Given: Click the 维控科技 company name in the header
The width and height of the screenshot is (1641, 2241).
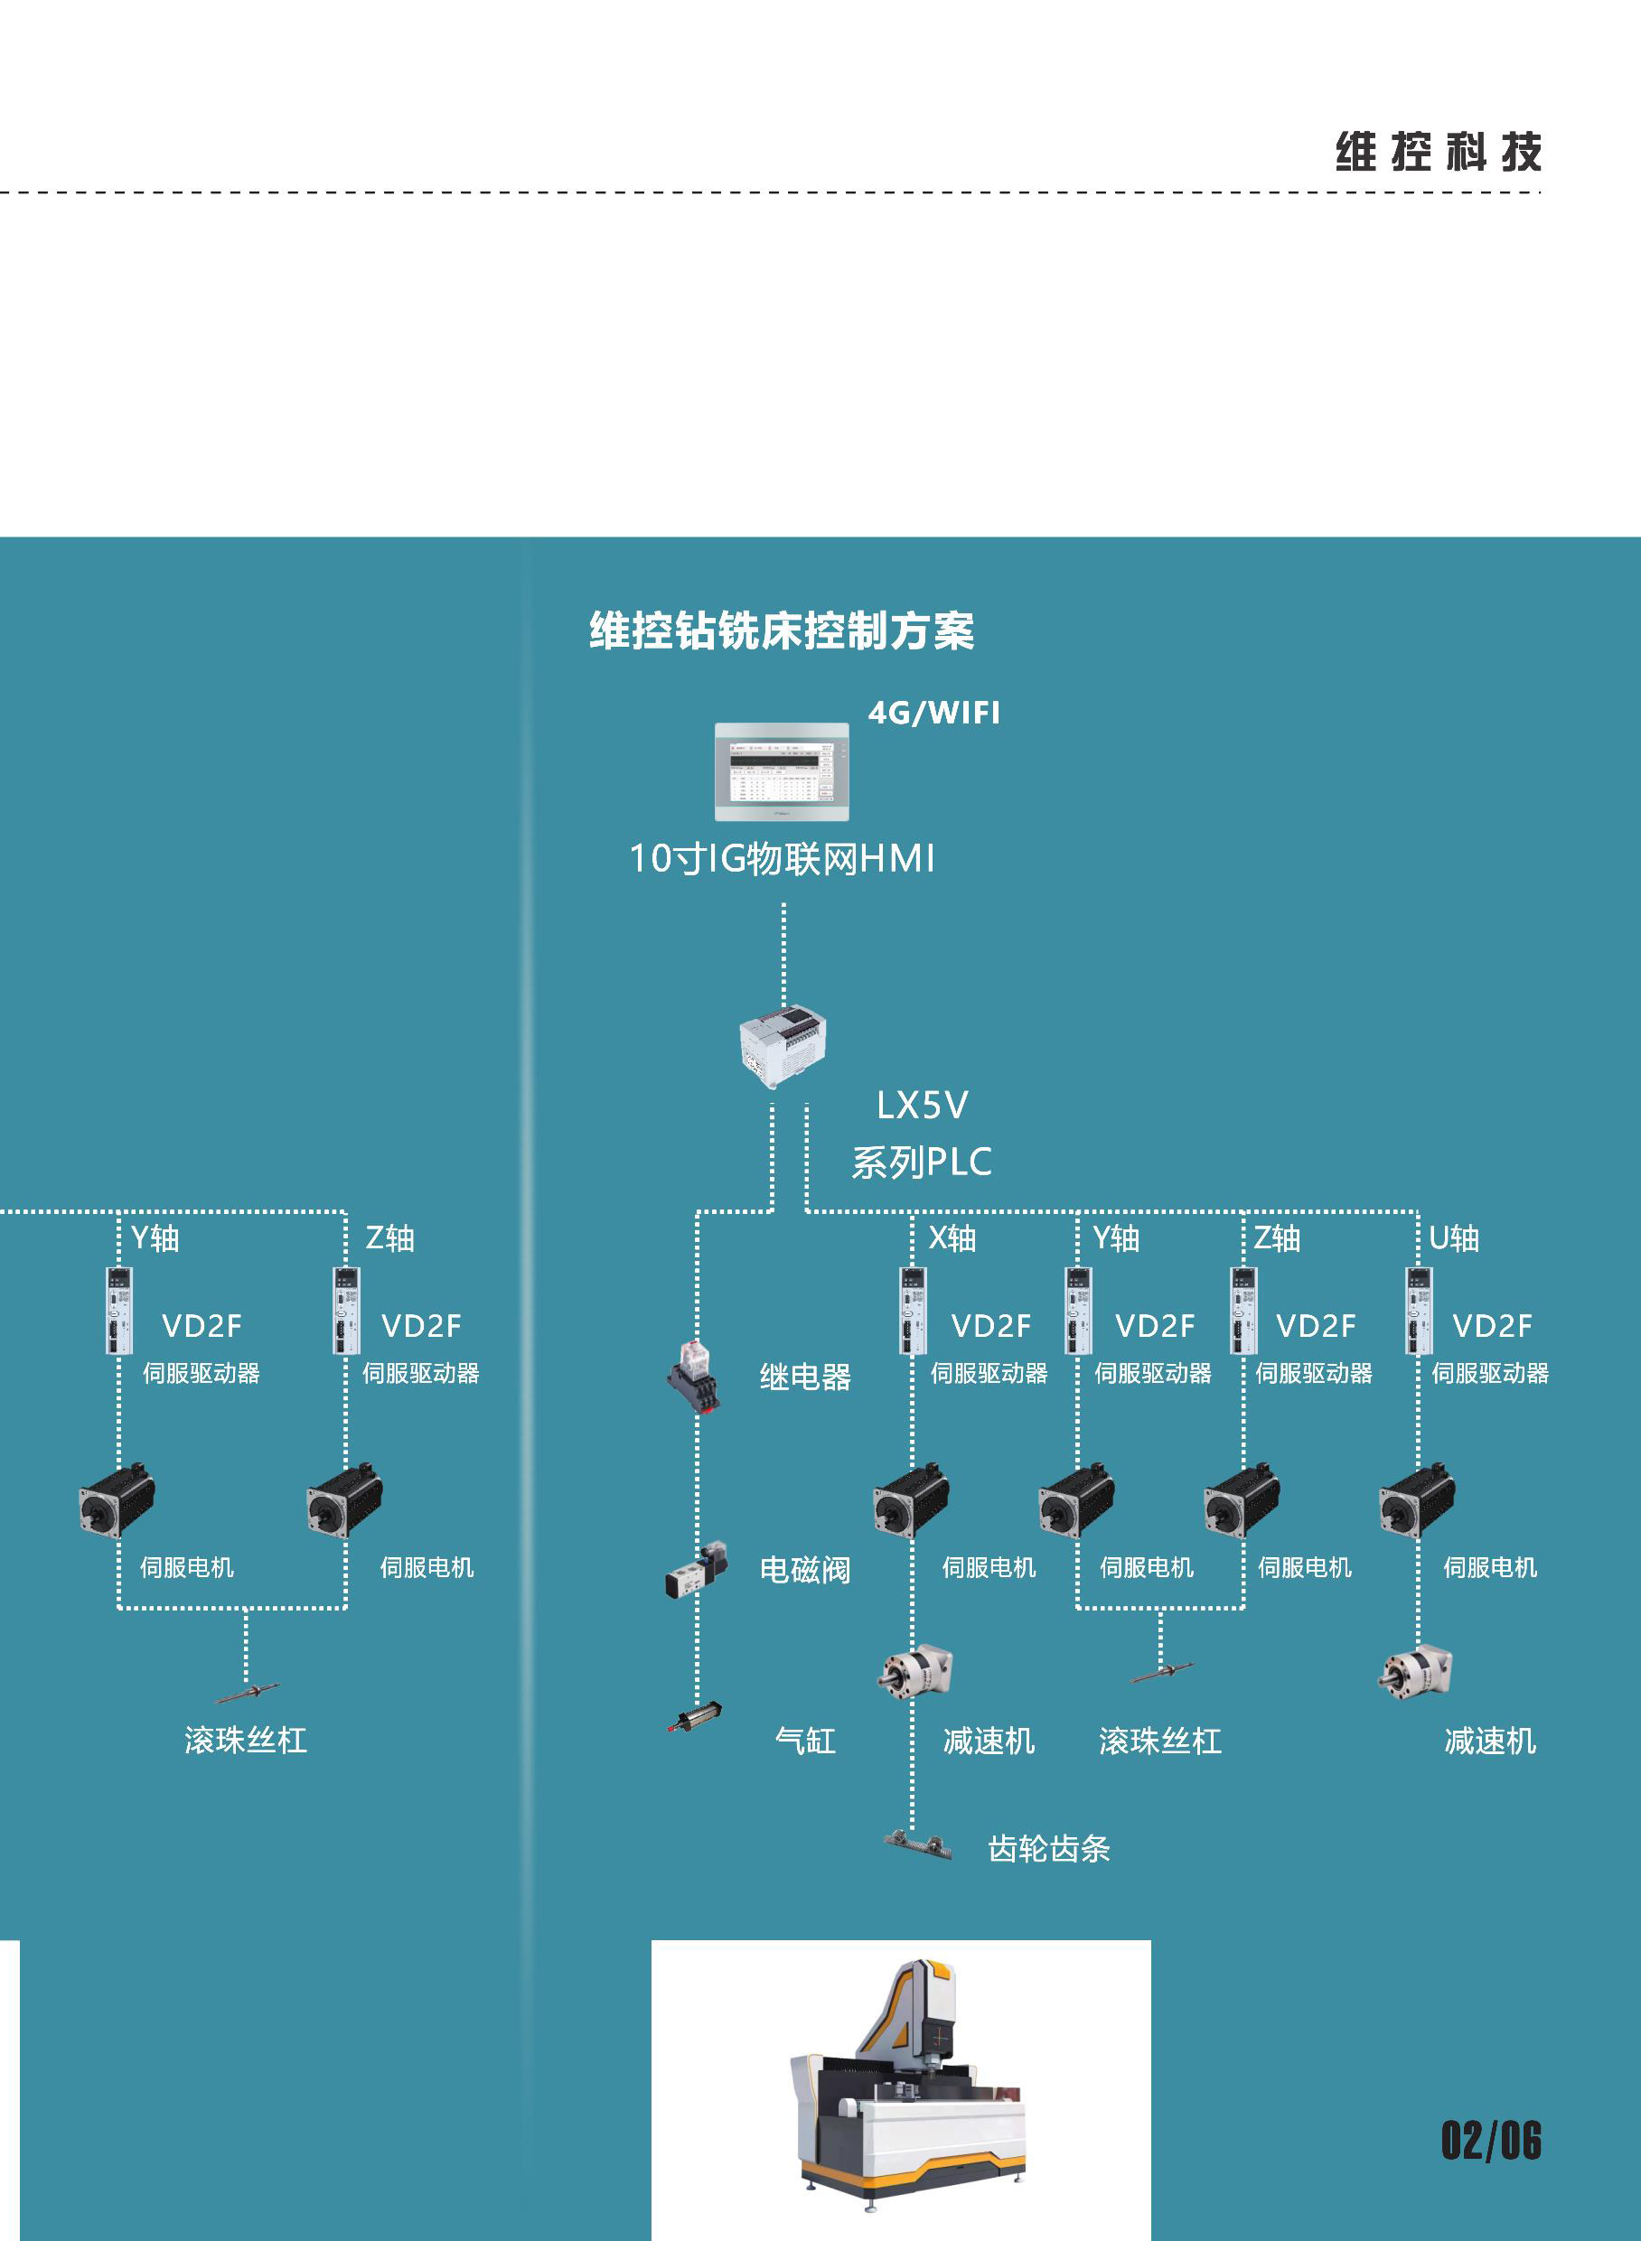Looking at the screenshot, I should point(1438,152).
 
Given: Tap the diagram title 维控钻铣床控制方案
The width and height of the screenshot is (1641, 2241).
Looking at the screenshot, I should point(782,630).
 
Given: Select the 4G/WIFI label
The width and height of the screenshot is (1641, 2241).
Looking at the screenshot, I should point(933,713).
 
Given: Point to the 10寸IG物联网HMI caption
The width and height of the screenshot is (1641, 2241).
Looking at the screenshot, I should point(782,859).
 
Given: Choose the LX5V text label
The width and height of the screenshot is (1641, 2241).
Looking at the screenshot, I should point(922,1105).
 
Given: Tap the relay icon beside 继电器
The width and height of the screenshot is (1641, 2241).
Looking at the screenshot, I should point(693,1375).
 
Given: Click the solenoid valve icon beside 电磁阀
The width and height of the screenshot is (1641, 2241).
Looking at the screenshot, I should point(698,1569).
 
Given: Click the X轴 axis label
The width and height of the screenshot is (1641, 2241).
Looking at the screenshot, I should point(952,1238).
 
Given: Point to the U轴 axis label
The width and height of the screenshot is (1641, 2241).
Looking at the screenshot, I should point(1453,1238).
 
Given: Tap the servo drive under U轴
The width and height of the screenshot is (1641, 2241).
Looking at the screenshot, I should point(1419,1311).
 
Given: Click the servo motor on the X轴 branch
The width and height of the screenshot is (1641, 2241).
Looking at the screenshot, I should point(910,1499).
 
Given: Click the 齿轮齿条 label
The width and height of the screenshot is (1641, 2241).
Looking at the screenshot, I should point(1048,1848).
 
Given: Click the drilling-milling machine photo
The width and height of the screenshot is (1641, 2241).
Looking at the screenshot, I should point(900,2090).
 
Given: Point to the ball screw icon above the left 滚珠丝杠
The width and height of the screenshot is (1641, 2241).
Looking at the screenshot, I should point(247,1692).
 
